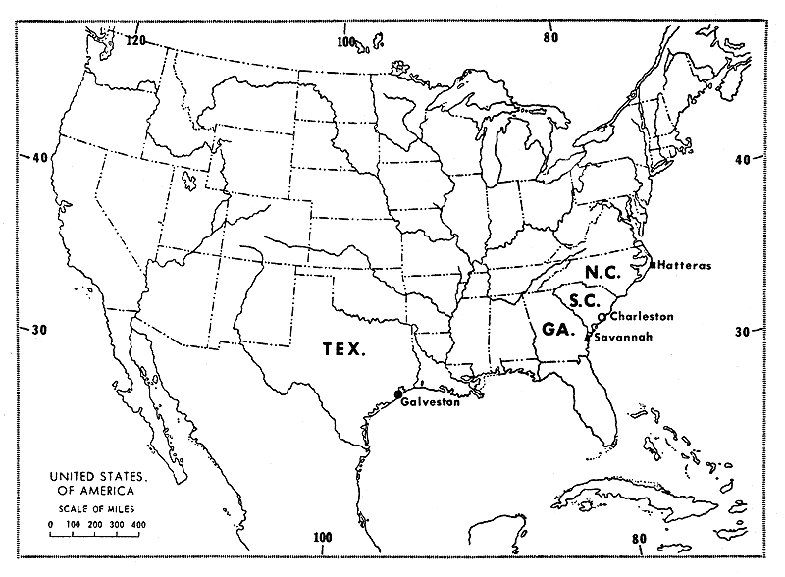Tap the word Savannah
[x=623, y=338]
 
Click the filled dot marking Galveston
[x=398, y=393]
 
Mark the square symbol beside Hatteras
[x=653, y=264]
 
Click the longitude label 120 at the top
[x=134, y=40]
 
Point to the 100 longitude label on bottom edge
[x=323, y=537]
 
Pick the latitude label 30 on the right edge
[x=743, y=332]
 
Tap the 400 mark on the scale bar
[x=138, y=525]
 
